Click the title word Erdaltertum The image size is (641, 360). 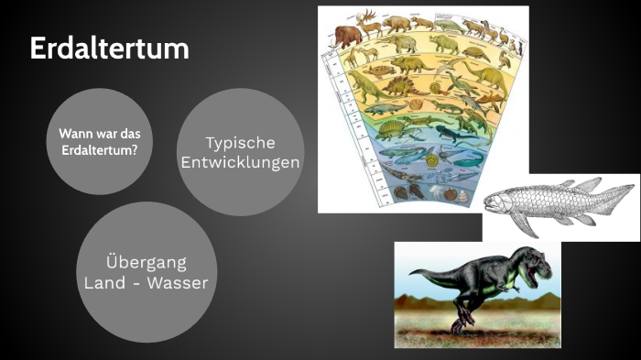(x=110, y=48)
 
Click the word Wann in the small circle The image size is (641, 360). (x=76, y=133)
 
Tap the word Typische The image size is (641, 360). (x=240, y=143)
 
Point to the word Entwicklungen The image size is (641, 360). (x=240, y=162)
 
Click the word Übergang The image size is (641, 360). (x=146, y=263)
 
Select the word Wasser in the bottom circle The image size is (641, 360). (x=180, y=283)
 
